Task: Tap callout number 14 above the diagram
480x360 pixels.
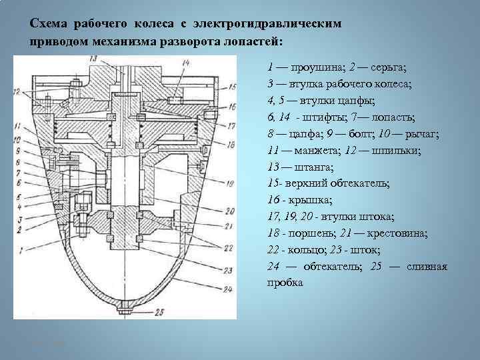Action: [185, 63]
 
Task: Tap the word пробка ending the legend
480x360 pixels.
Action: [284, 282]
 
